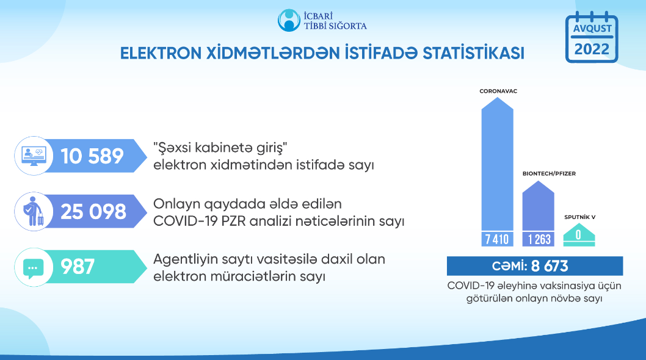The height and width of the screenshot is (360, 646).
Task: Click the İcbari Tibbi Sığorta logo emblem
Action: [289, 20]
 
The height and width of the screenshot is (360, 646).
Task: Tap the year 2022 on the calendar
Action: [592, 49]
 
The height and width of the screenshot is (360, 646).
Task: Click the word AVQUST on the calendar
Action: [592, 29]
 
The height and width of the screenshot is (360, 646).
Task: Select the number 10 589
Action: [92, 156]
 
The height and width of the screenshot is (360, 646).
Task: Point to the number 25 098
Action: [93, 212]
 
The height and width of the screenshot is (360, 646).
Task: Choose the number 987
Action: [78, 267]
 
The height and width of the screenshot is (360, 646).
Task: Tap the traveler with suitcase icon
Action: [33, 211]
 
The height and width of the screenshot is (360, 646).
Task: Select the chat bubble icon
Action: [34, 268]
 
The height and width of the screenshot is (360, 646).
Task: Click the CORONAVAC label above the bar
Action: [498, 91]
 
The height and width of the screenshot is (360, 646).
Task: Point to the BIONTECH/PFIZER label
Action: [549, 173]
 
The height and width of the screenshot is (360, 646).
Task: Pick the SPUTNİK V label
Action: [579, 217]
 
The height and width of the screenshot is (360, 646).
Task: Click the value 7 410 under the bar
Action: [497, 239]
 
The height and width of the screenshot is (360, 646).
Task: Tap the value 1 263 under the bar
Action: [539, 239]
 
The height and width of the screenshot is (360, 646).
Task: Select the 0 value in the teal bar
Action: [578, 235]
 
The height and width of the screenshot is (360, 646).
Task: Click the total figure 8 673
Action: [550, 266]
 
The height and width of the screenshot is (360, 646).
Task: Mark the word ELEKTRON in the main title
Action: [161, 53]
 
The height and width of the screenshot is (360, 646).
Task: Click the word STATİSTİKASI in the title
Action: [473, 53]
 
